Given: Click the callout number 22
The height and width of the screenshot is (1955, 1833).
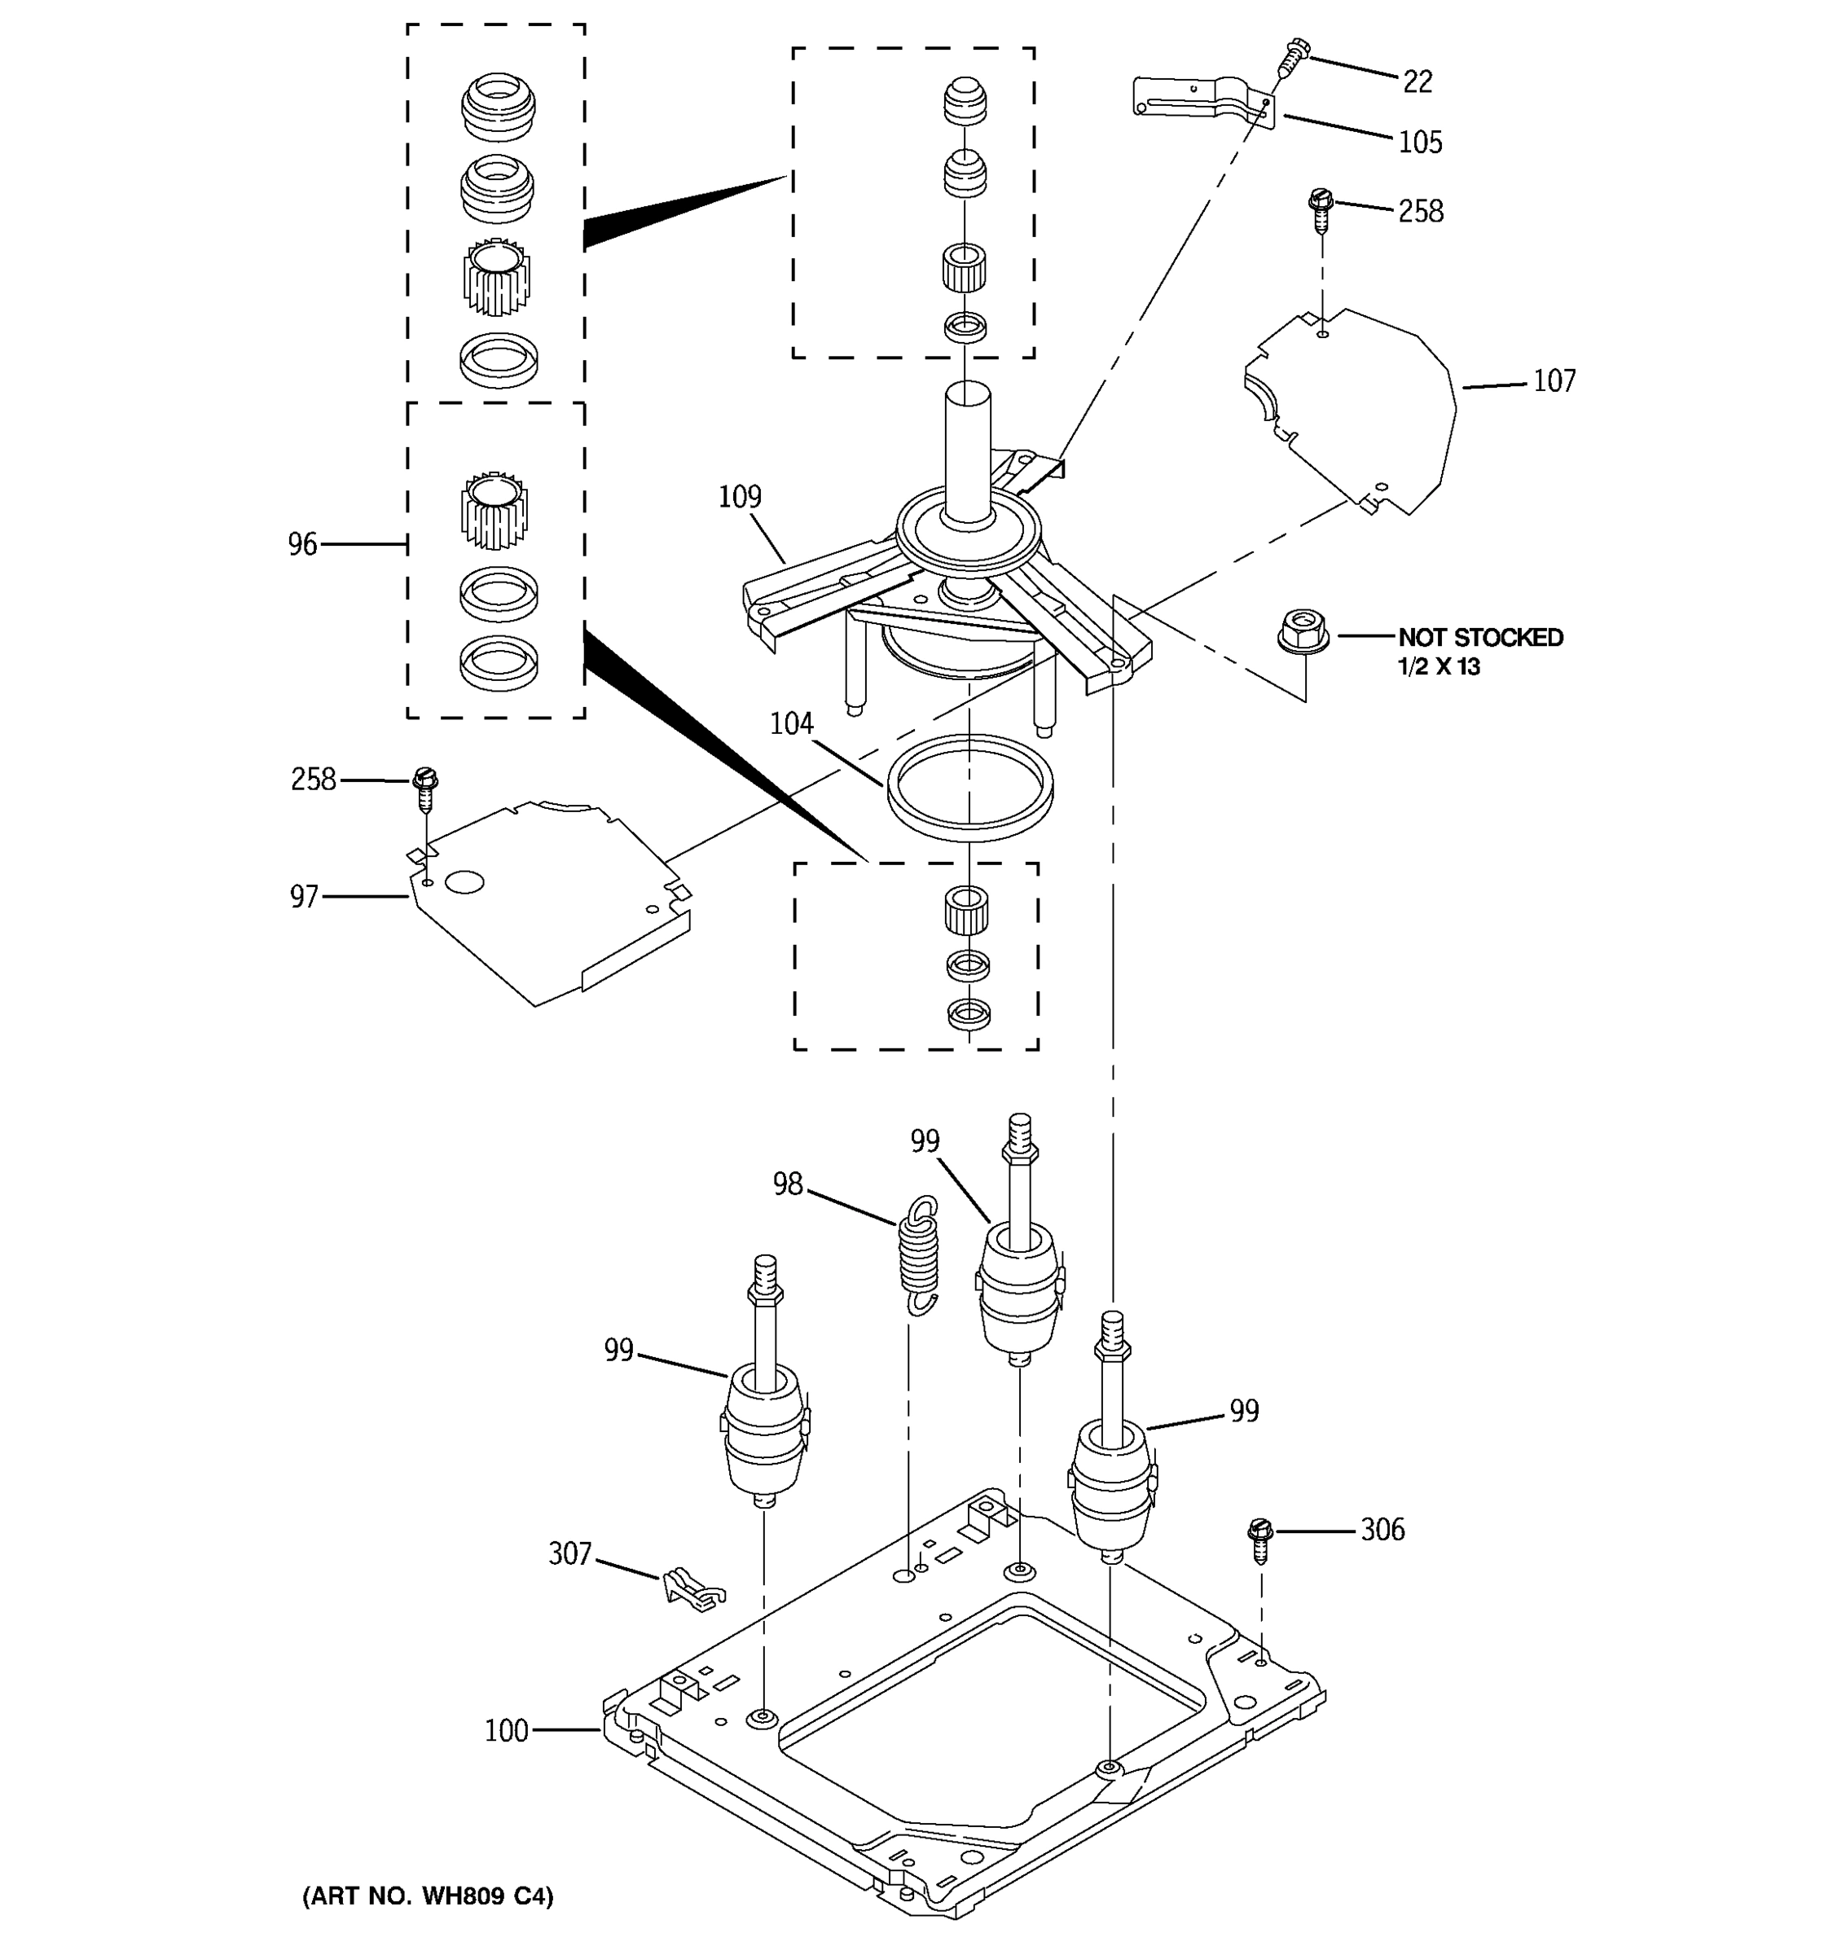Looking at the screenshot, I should (1416, 81).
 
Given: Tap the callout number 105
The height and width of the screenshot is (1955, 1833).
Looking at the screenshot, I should (1420, 143).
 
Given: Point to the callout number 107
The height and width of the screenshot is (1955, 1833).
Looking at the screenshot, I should (1554, 380).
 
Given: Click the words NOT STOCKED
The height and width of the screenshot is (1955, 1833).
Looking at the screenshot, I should (1480, 637).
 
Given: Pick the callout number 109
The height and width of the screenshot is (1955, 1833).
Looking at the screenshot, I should (740, 497).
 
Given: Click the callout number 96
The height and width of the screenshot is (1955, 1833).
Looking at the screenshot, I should (303, 544).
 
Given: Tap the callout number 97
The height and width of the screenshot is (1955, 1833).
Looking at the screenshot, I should (304, 897).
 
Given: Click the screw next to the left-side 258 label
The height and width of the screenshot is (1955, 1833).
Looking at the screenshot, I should (424, 789).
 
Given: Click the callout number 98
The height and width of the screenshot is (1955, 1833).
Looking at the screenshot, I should (788, 1185).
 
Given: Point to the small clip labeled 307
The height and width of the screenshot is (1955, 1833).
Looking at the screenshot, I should (692, 1588).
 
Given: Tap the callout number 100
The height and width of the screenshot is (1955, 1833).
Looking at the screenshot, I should (507, 1731).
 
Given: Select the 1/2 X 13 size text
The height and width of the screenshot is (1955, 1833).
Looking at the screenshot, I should (1439, 667).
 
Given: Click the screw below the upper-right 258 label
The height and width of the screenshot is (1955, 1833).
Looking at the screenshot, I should (1320, 210).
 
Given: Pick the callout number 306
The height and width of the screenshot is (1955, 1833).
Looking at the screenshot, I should (1382, 1529).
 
